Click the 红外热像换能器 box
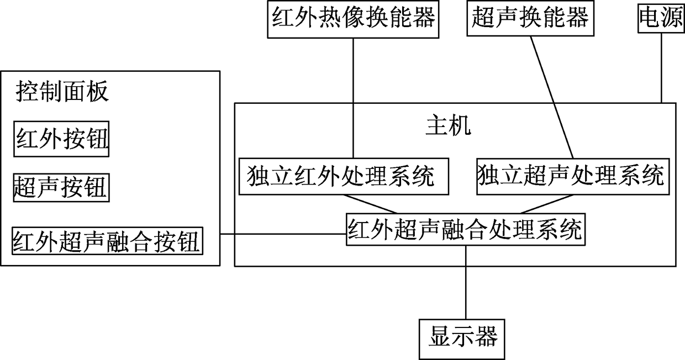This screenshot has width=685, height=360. click(352, 19)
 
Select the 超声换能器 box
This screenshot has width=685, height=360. click(529, 18)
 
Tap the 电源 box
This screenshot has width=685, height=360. click(661, 19)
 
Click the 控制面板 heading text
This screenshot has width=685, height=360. click(62, 91)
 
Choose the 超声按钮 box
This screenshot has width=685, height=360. click(61, 188)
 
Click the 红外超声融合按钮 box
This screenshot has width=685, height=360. click(108, 241)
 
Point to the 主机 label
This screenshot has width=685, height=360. click(449, 125)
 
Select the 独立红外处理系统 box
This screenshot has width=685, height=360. click(343, 177)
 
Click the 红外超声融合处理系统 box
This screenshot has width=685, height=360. click(465, 229)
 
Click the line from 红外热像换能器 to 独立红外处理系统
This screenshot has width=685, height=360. click(352, 99)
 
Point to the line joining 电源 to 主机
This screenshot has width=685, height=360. click(661, 70)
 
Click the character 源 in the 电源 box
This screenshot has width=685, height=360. click(670, 19)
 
